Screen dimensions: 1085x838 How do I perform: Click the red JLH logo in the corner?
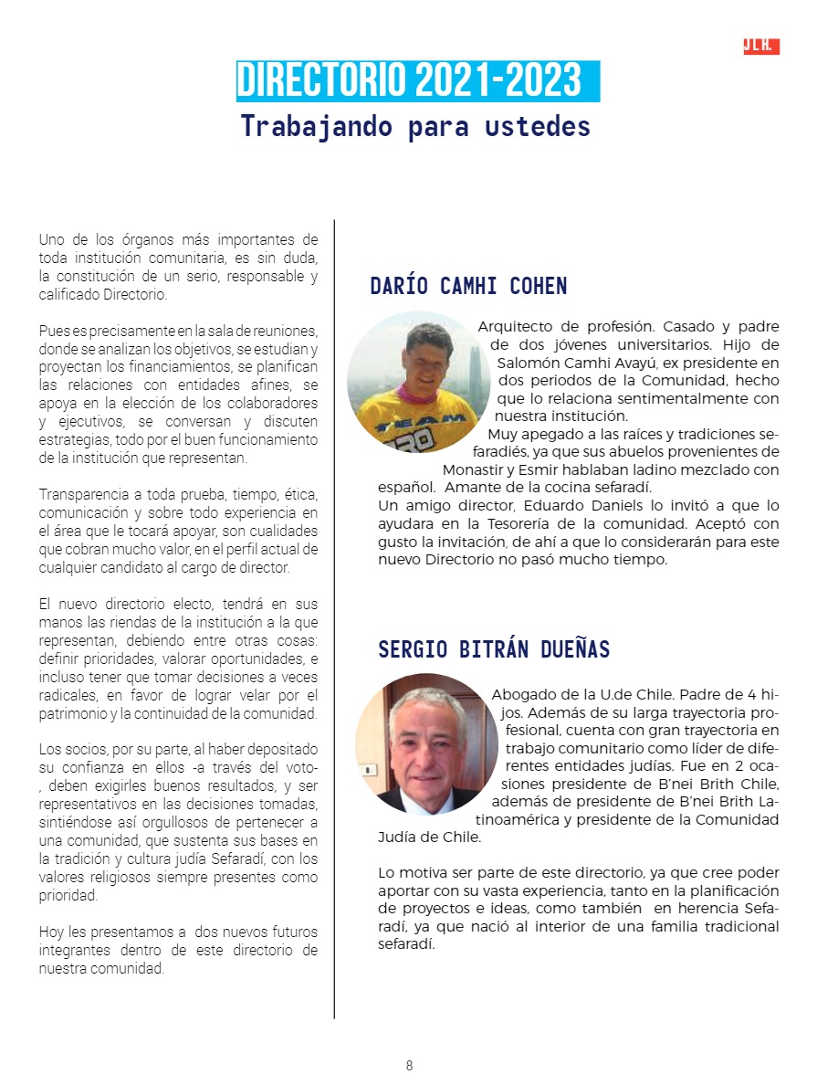[x=760, y=47]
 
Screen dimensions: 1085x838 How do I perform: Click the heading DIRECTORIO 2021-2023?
[x=409, y=81]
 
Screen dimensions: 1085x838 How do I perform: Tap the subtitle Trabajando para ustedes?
[x=415, y=126]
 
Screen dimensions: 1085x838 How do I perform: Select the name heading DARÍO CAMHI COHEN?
[x=468, y=286]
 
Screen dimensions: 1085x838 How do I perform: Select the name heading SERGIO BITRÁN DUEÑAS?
[x=494, y=649]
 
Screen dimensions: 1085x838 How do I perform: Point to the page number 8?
[x=409, y=1065]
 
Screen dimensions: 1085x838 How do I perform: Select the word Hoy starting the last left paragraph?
[x=51, y=932]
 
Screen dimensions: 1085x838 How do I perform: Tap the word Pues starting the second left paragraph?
[x=52, y=331]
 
